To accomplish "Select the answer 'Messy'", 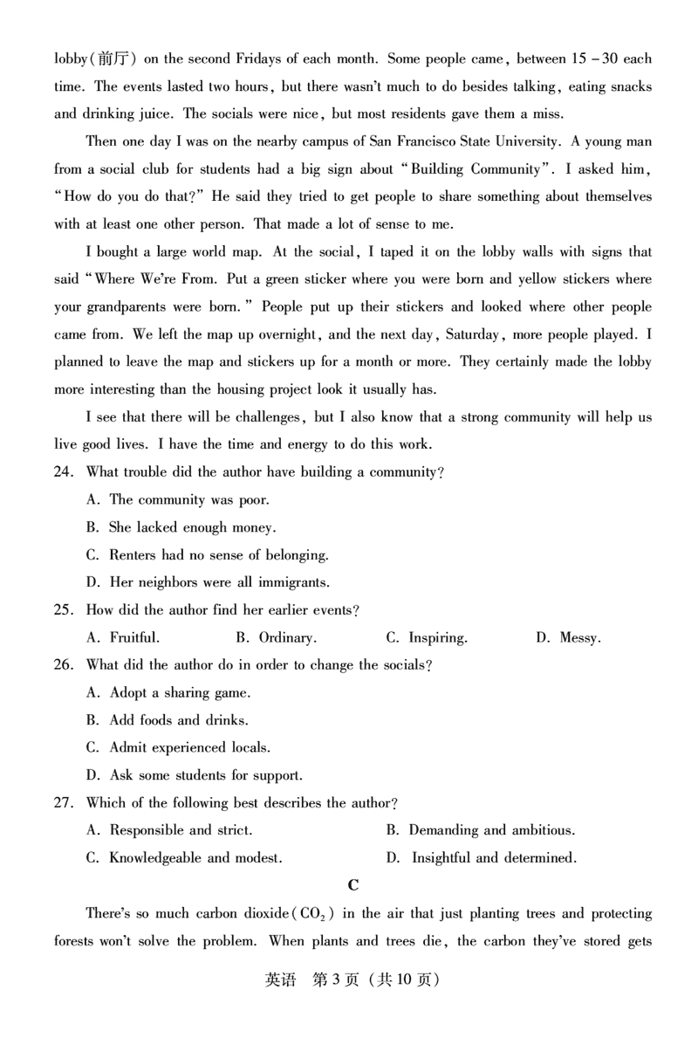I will click(568, 638).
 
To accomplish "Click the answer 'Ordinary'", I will click(277, 638).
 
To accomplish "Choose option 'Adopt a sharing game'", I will click(169, 693).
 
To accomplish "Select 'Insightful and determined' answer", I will click(482, 858).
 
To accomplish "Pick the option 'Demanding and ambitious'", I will click(481, 830).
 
